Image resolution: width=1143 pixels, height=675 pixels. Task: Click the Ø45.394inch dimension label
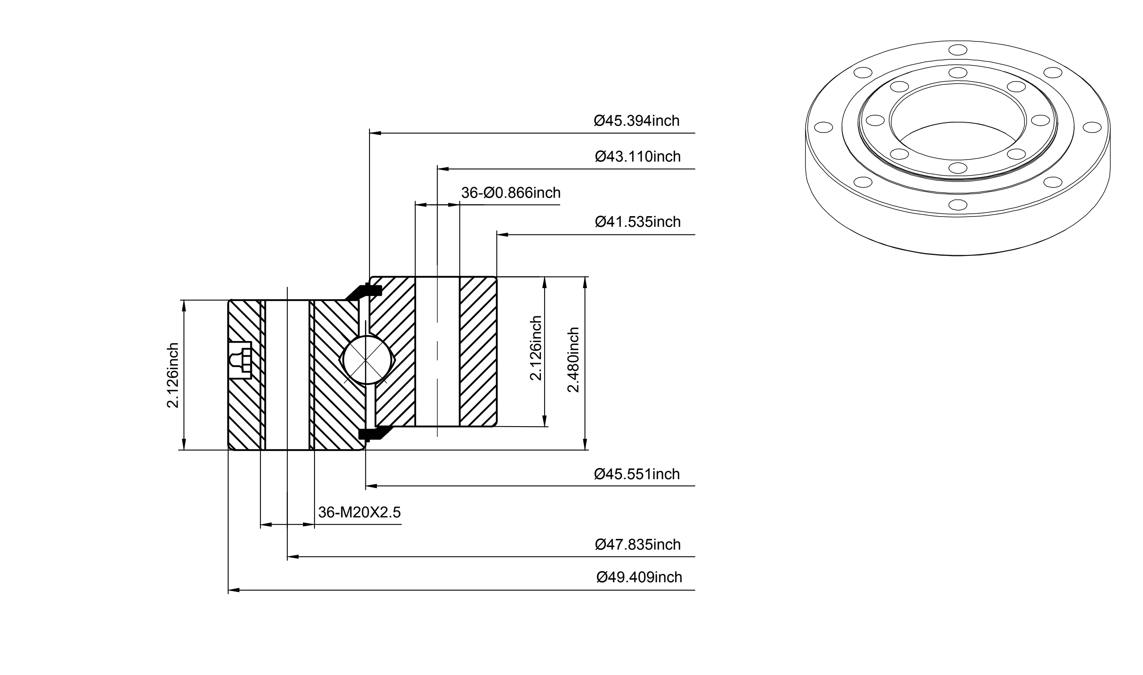637,121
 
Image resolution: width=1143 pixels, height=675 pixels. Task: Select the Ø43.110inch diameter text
638,156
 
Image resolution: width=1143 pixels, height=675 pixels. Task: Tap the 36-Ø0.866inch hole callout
511,193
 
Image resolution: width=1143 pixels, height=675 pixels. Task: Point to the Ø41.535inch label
638,222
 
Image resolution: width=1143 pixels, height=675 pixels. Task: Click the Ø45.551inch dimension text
637,474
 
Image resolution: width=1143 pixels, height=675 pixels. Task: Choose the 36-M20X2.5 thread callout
360,512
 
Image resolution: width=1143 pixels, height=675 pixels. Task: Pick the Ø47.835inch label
638,544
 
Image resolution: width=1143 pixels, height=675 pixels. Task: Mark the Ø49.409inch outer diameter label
639,577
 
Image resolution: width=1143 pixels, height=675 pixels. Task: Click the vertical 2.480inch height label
573,359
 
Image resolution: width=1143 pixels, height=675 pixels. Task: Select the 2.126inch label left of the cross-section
173,375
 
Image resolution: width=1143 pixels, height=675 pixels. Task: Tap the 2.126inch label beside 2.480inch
536,348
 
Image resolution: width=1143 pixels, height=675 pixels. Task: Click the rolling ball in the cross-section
366,360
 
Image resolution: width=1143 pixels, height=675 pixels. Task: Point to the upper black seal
364,292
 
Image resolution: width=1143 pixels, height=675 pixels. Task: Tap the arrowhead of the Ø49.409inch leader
233,590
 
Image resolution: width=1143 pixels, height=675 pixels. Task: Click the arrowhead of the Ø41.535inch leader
502,235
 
